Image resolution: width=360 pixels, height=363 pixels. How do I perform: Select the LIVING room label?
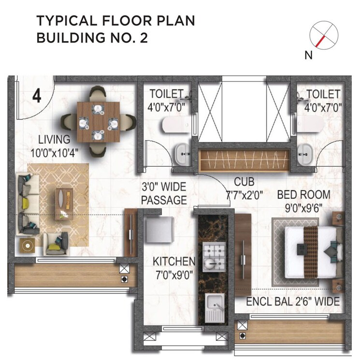pos(54,140)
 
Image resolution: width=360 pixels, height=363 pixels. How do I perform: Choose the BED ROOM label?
pos(303,195)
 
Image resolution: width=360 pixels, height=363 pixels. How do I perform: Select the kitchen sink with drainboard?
pos(213,308)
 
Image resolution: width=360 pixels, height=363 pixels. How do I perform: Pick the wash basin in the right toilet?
pos(305,154)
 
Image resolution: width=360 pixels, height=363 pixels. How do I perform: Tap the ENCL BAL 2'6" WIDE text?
pos(292,302)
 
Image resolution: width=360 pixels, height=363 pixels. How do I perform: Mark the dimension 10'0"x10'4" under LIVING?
pos(55,153)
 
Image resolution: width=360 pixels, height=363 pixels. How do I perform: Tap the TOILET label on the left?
pos(166,94)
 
